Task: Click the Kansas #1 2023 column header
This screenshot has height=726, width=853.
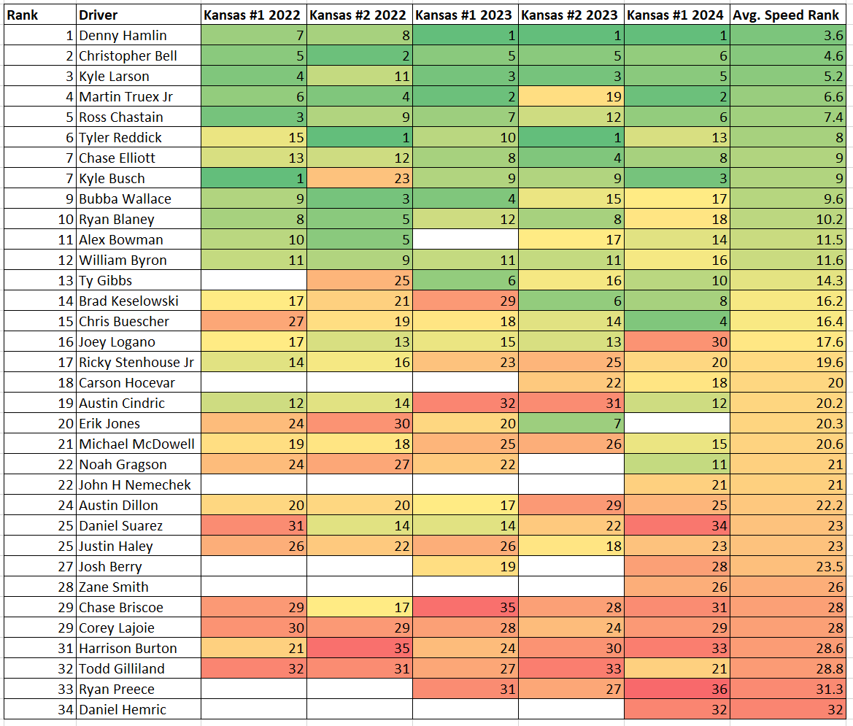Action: pyautogui.click(x=465, y=15)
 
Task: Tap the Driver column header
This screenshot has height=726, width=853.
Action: pyautogui.click(x=98, y=15)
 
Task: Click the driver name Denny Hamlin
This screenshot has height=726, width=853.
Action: pyautogui.click(x=123, y=35)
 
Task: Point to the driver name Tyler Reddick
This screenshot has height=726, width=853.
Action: pyautogui.click(x=120, y=137)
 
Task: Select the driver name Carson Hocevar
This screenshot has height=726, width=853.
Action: pyautogui.click(x=127, y=382)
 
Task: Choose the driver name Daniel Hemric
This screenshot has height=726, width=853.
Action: pyautogui.click(x=123, y=709)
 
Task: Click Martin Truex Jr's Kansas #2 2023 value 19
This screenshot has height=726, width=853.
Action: pyautogui.click(x=612, y=96)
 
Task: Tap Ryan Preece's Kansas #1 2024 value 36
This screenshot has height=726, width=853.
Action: pyautogui.click(x=718, y=689)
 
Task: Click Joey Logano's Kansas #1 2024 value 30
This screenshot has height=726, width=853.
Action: pyautogui.click(x=718, y=341)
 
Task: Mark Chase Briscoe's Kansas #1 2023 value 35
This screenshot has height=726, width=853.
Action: pyautogui.click(x=506, y=607)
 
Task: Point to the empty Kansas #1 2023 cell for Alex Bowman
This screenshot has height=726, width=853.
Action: pyautogui.click(x=465, y=239)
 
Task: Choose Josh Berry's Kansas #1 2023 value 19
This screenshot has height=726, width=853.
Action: pyautogui.click(x=506, y=566)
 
